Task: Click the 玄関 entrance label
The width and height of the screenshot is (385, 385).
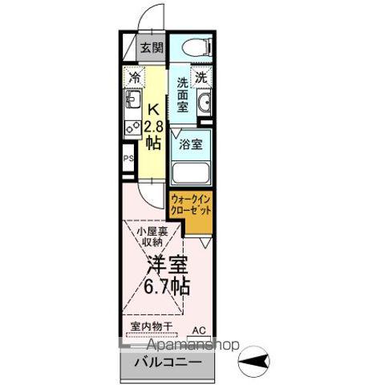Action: (x=152, y=47)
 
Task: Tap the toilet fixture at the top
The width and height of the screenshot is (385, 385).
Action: (x=192, y=47)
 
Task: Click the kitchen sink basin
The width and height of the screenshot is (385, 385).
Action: (x=132, y=102)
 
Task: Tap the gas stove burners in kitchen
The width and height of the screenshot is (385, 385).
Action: (x=131, y=127)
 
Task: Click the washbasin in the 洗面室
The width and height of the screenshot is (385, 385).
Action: (x=204, y=103)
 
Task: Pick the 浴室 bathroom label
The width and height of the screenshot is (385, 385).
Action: (x=190, y=145)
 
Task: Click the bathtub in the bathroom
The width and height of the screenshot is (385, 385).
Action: (x=190, y=172)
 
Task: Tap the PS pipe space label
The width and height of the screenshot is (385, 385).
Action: (x=128, y=159)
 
